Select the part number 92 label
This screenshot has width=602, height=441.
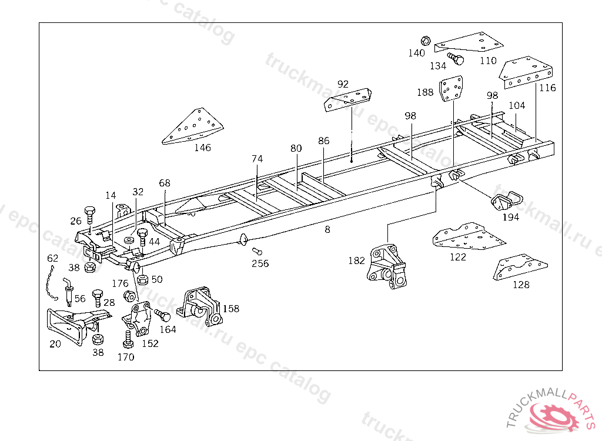click(343, 84)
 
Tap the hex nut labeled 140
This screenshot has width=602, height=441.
click(426, 41)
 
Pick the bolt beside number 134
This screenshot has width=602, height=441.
click(456, 58)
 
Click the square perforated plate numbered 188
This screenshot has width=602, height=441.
click(451, 89)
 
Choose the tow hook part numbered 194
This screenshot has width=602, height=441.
click(505, 201)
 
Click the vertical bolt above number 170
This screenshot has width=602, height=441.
click(128, 339)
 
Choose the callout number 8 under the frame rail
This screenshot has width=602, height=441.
click(327, 230)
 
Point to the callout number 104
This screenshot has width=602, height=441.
click(517, 106)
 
